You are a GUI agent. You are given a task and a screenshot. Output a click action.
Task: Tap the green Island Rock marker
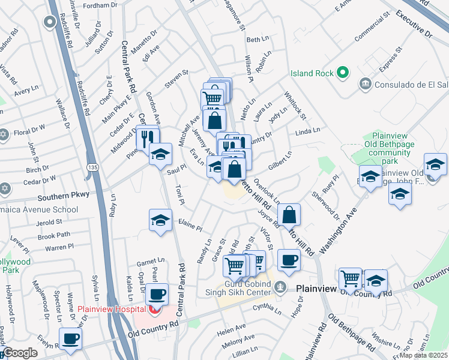pos(343,73)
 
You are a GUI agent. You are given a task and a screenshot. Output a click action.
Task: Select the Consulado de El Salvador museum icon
pos(364,83)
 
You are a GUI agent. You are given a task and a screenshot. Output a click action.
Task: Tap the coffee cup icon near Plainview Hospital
pos(157,294)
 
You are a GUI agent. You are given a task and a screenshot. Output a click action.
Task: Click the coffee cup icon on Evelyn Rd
pos(70,338)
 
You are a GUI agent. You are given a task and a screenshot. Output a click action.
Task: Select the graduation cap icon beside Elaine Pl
pos(160,220)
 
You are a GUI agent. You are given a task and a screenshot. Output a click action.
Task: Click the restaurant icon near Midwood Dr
pos(145,138)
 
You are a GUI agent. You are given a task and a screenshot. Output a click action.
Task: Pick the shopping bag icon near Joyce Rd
pos(289,214)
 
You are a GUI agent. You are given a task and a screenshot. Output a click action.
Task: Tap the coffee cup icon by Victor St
pos(289,260)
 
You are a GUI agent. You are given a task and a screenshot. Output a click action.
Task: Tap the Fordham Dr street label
pos(100,5)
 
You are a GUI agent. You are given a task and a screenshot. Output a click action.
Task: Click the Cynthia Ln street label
pos(267,310)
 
